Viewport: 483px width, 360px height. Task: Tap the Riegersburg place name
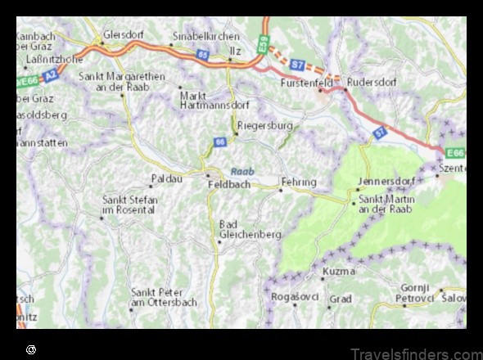tap(264, 127)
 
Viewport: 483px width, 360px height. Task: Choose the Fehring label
tap(298, 181)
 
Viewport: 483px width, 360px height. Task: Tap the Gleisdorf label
tap(124, 36)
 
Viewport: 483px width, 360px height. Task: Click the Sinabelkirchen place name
tap(205, 37)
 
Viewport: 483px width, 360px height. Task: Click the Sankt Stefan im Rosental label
tap(128, 205)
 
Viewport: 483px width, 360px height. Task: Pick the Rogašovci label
tap(291, 295)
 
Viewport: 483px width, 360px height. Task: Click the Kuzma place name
tap(338, 271)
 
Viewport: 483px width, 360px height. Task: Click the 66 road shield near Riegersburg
tap(219, 142)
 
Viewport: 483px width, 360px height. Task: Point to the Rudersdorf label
tap(373, 83)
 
